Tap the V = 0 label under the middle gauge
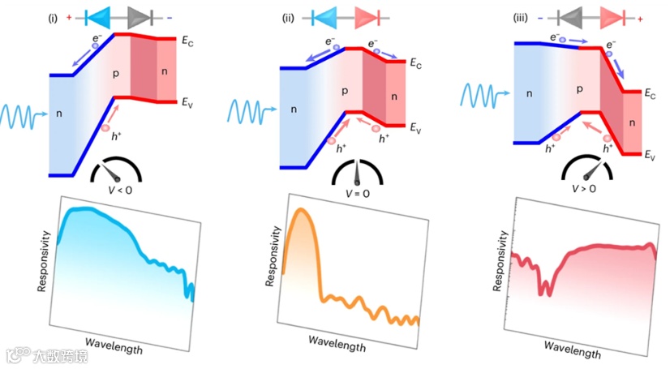click(357, 192)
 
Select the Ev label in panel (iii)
click(651, 154)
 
